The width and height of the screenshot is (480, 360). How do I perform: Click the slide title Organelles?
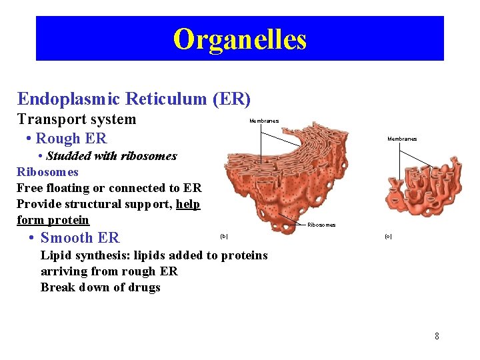240,39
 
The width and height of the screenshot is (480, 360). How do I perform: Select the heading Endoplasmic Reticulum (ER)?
134,99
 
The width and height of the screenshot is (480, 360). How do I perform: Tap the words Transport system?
76,119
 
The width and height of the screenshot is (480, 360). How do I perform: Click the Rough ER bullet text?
71,139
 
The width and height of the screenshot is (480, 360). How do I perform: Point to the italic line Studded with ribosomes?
111,156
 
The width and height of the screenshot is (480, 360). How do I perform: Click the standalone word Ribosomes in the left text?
47,172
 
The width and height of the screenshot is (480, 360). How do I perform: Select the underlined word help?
188,204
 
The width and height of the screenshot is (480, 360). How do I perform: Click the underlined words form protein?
53,220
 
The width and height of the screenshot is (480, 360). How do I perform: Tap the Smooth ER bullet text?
79,238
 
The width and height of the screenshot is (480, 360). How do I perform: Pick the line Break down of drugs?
101,287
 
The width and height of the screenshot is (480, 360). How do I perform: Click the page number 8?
437,336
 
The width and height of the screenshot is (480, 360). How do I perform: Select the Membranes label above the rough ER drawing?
264,121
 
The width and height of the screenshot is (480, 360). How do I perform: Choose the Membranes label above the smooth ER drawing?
402,139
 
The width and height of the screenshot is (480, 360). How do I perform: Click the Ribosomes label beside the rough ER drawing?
321,225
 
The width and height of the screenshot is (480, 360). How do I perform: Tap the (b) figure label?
223,236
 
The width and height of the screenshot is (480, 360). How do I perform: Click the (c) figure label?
388,237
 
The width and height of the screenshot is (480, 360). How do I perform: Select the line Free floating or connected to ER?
109,188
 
